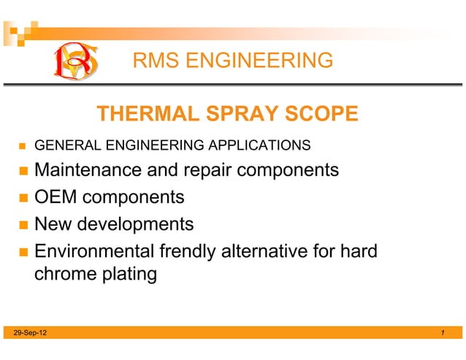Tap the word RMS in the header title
(156, 61)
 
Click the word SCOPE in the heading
(322, 115)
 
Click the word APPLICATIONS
(259, 145)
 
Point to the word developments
(138, 224)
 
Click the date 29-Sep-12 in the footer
(27, 333)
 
